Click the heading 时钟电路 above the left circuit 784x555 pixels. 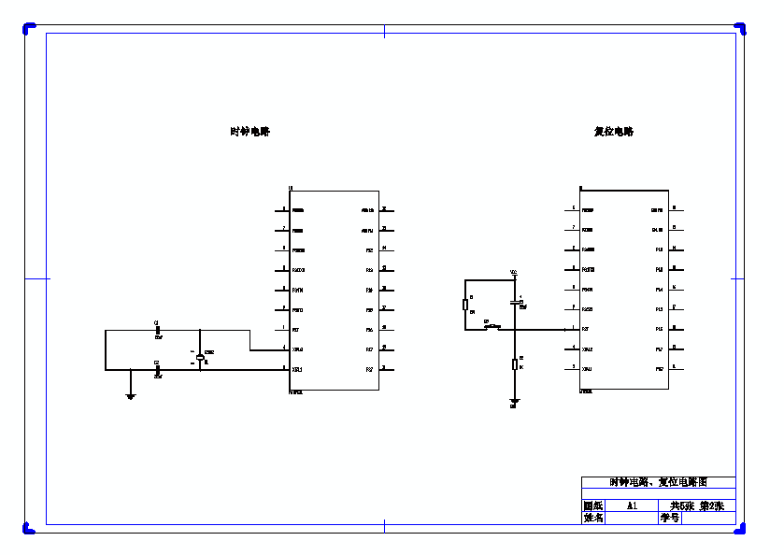tap(249, 132)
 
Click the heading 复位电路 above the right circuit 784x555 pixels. tap(614, 132)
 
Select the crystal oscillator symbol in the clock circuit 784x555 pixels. tap(200, 358)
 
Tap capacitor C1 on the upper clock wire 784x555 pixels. tap(157, 330)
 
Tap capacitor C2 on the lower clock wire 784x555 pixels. tap(157, 369)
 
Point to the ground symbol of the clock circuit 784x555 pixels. tap(131, 396)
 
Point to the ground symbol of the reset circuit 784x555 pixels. tap(513, 400)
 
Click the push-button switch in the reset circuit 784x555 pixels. tap(492, 326)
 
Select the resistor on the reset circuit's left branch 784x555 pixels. tap(465, 305)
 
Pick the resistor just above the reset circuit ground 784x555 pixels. tap(514, 364)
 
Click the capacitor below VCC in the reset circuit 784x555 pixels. tap(514, 302)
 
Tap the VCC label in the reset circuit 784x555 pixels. tap(513, 272)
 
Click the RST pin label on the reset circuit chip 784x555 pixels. tap(586, 329)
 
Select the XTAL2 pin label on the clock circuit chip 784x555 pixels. tap(298, 349)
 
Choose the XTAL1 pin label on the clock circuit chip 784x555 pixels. tap(298, 369)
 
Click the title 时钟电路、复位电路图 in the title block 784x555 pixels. tap(658, 483)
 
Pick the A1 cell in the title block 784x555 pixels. tap(632, 505)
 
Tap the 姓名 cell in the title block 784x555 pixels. tap(593, 518)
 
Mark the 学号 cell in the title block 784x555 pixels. tap(670, 518)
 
